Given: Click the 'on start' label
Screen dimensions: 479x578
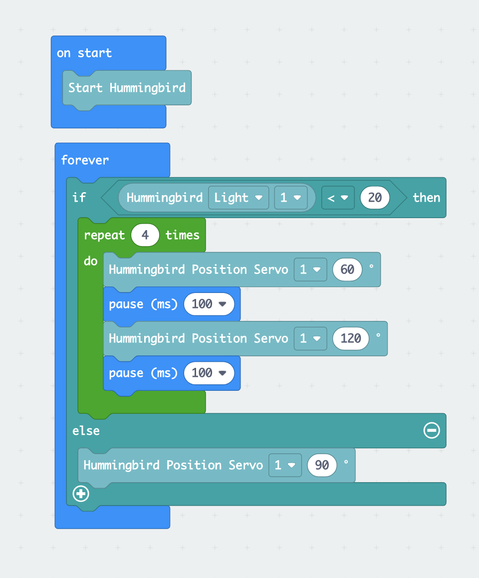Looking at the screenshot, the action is [84, 53].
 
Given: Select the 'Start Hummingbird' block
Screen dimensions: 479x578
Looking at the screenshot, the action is [127, 88].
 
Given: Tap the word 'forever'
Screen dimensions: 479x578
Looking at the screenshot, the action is [85, 160].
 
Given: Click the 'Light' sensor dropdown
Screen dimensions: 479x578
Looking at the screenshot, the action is [239, 198].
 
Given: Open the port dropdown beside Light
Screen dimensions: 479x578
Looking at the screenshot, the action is [291, 198].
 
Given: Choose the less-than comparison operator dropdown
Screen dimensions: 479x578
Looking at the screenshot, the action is [338, 198].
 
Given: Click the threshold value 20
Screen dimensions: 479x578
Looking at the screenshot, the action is [375, 198].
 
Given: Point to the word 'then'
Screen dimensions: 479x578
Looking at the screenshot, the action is [426, 198].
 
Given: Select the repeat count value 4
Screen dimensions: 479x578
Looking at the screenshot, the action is [145, 235].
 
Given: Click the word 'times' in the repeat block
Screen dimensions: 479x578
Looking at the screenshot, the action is [183, 235].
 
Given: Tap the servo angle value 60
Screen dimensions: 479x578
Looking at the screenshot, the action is [347, 270].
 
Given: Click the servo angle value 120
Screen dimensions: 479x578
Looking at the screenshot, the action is [351, 338].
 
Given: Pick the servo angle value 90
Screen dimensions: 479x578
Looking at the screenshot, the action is [322, 465].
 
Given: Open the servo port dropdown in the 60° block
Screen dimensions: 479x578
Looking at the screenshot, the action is [310, 270].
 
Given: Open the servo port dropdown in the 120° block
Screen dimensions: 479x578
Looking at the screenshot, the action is [310, 338].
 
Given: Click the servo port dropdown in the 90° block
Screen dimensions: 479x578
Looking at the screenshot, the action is [285, 465].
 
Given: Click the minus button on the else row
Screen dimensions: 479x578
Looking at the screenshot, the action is [432, 430].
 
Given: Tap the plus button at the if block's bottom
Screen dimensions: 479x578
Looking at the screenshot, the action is [81, 494].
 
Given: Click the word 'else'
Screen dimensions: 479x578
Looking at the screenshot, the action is [86, 431].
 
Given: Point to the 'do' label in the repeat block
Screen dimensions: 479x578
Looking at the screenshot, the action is [91, 261].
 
